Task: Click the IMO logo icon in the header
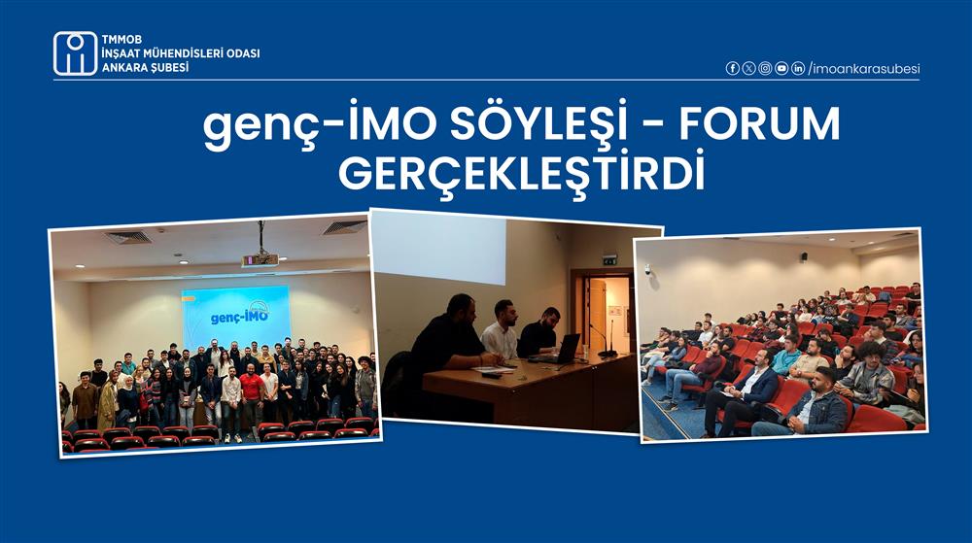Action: pos(75,53)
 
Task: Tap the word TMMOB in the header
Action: pos(121,39)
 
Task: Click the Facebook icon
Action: pos(732,69)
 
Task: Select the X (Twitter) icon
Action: pos(748,69)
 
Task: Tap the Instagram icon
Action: pos(765,69)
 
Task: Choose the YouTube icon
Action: pos(781,69)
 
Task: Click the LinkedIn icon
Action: pos(798,69)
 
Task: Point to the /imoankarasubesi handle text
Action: pos(864,69)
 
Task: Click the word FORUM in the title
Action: pos(759,123)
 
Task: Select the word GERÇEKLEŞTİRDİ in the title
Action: pos(521,173)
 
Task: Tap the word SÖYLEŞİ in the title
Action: pos(538,123)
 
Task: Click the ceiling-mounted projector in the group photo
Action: pos(260,258)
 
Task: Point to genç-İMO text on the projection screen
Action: pos(239,315)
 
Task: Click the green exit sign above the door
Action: pos(610,259)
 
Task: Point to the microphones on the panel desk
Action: pos(604,339)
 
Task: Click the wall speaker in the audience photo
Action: pos(804,256)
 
